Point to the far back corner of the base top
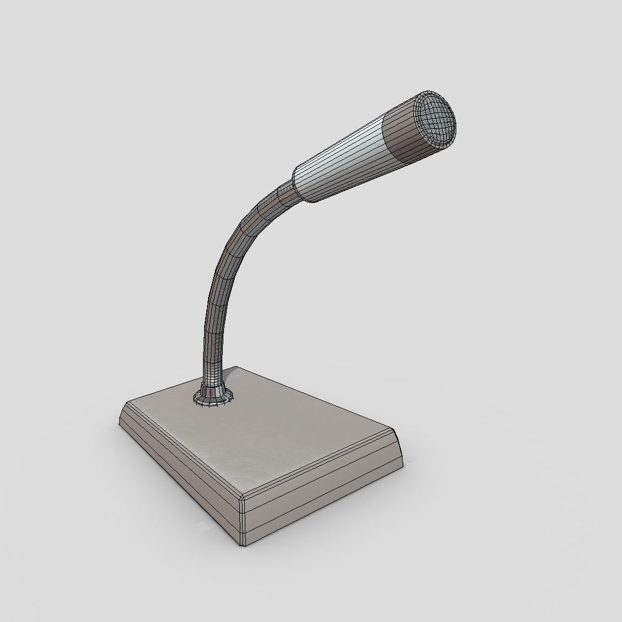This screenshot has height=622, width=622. tap(240, 368)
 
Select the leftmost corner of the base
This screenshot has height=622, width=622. tap(120, 423)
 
